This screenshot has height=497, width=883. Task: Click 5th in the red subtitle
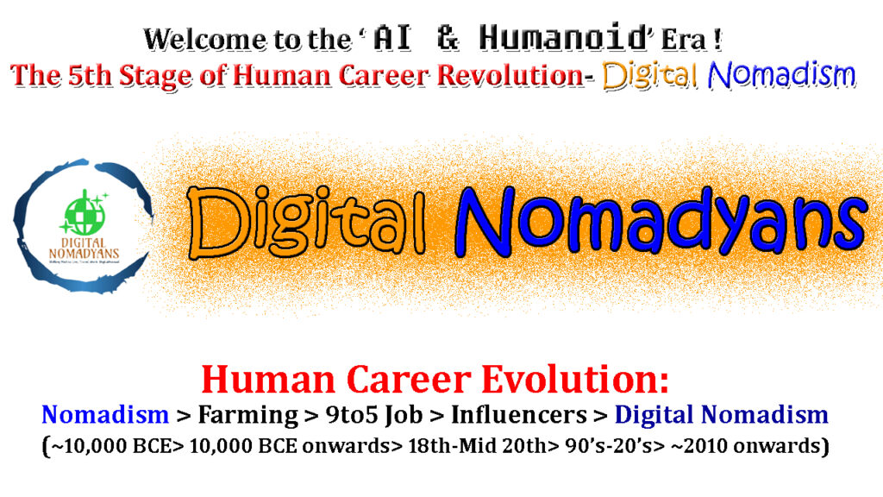90,76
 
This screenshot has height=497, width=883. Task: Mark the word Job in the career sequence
404,415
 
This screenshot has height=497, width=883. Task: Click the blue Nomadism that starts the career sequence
105,415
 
